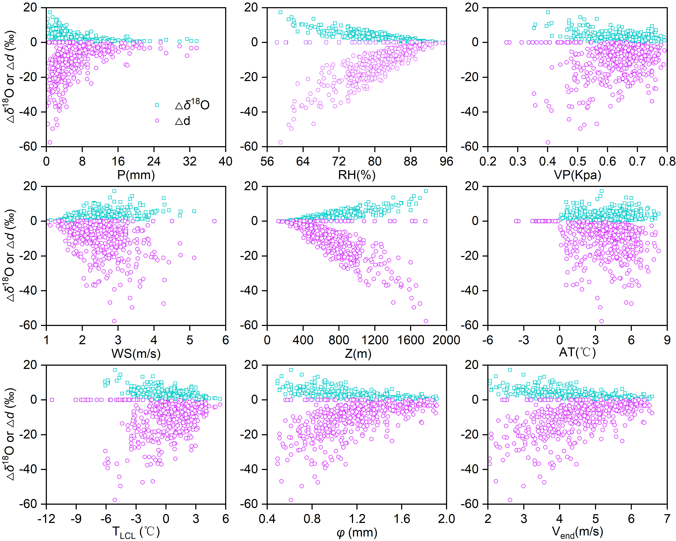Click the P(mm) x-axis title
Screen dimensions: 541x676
coord(136,175)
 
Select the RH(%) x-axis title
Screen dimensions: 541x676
coord(357,175)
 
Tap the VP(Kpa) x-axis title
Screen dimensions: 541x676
coord(577,175)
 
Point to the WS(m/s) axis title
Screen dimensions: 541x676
coord(136,354)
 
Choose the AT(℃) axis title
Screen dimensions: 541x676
coord(577,352)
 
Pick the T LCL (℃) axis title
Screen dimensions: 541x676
coord(136,532)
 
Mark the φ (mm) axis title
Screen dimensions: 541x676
coord(357,532)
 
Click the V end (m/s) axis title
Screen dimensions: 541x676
coord(577,532)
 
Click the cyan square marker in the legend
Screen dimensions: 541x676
coord(157,105)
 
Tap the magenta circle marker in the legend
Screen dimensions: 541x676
coord(157,121)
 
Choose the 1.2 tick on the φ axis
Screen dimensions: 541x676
coord(357,519)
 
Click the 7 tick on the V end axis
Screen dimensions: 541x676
coord(667,519)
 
